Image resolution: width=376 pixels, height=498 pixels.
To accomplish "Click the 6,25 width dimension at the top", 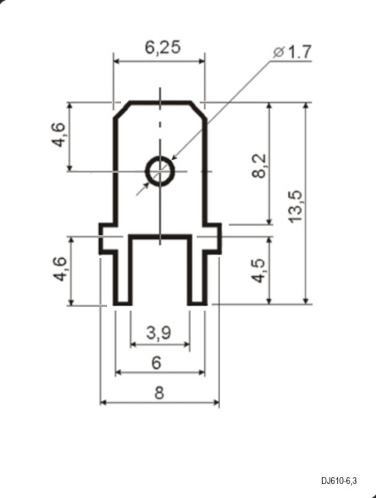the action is coord(163,47).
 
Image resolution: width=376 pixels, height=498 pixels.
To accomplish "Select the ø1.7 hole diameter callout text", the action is coord(292,52).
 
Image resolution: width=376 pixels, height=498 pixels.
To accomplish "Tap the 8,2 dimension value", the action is coord(259,166).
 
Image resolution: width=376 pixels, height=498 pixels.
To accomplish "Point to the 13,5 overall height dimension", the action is coord(295,207).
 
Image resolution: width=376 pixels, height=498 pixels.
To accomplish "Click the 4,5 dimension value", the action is coord(258,271).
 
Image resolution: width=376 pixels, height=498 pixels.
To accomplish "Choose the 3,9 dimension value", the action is coord(159,333).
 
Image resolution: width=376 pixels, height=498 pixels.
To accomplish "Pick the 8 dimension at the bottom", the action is coord(159,393).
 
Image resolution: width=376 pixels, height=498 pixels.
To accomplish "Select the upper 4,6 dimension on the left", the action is coord(59,134).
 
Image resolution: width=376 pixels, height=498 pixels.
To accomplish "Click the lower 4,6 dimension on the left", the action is coord(60,269).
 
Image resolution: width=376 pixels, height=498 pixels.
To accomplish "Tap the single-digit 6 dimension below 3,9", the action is coord(157,363).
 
